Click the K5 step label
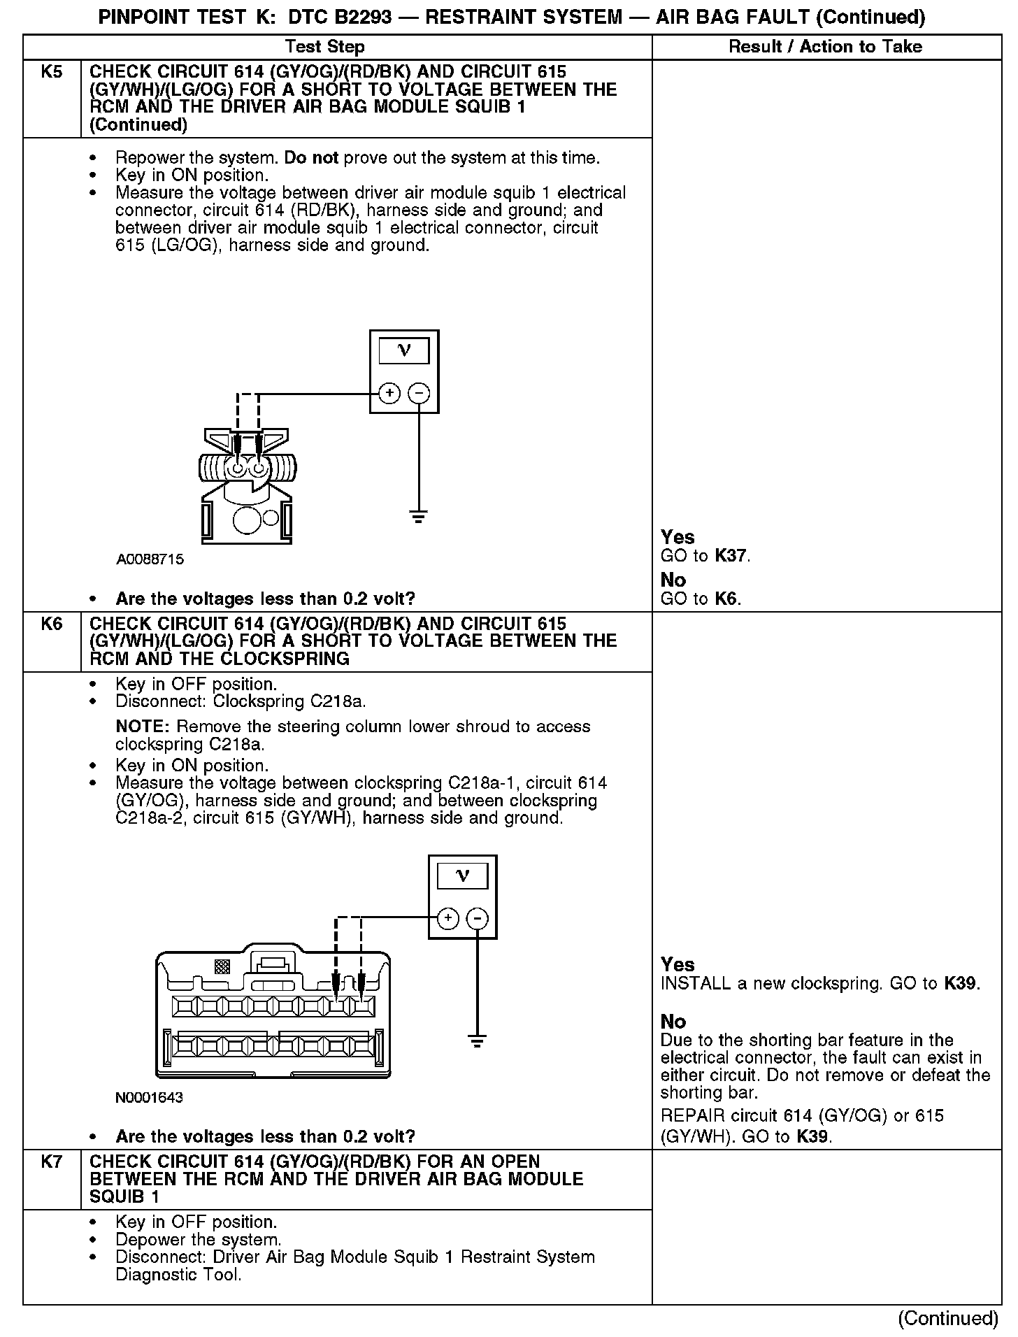pos(52,72)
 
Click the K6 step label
pos(52,624)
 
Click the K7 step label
pos(52,1161)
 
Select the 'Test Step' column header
pos(325,47)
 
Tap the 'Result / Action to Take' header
pos(825,47)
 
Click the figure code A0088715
pos(150,559)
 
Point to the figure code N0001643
pos(149,1097)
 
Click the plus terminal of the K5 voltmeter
pos(389,394)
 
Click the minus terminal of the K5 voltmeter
pos(419,394)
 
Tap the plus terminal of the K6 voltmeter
pos(447,918)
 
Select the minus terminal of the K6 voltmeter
pos(478,918)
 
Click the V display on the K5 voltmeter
pos(403,350)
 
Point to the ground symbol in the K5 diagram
pos(419,518)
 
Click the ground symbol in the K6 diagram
pos(478,1041)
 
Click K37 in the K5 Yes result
pos(732,557)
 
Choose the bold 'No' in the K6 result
pos(673,1022)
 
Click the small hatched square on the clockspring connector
pos(222,967)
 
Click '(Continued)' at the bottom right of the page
pos(948,1318)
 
